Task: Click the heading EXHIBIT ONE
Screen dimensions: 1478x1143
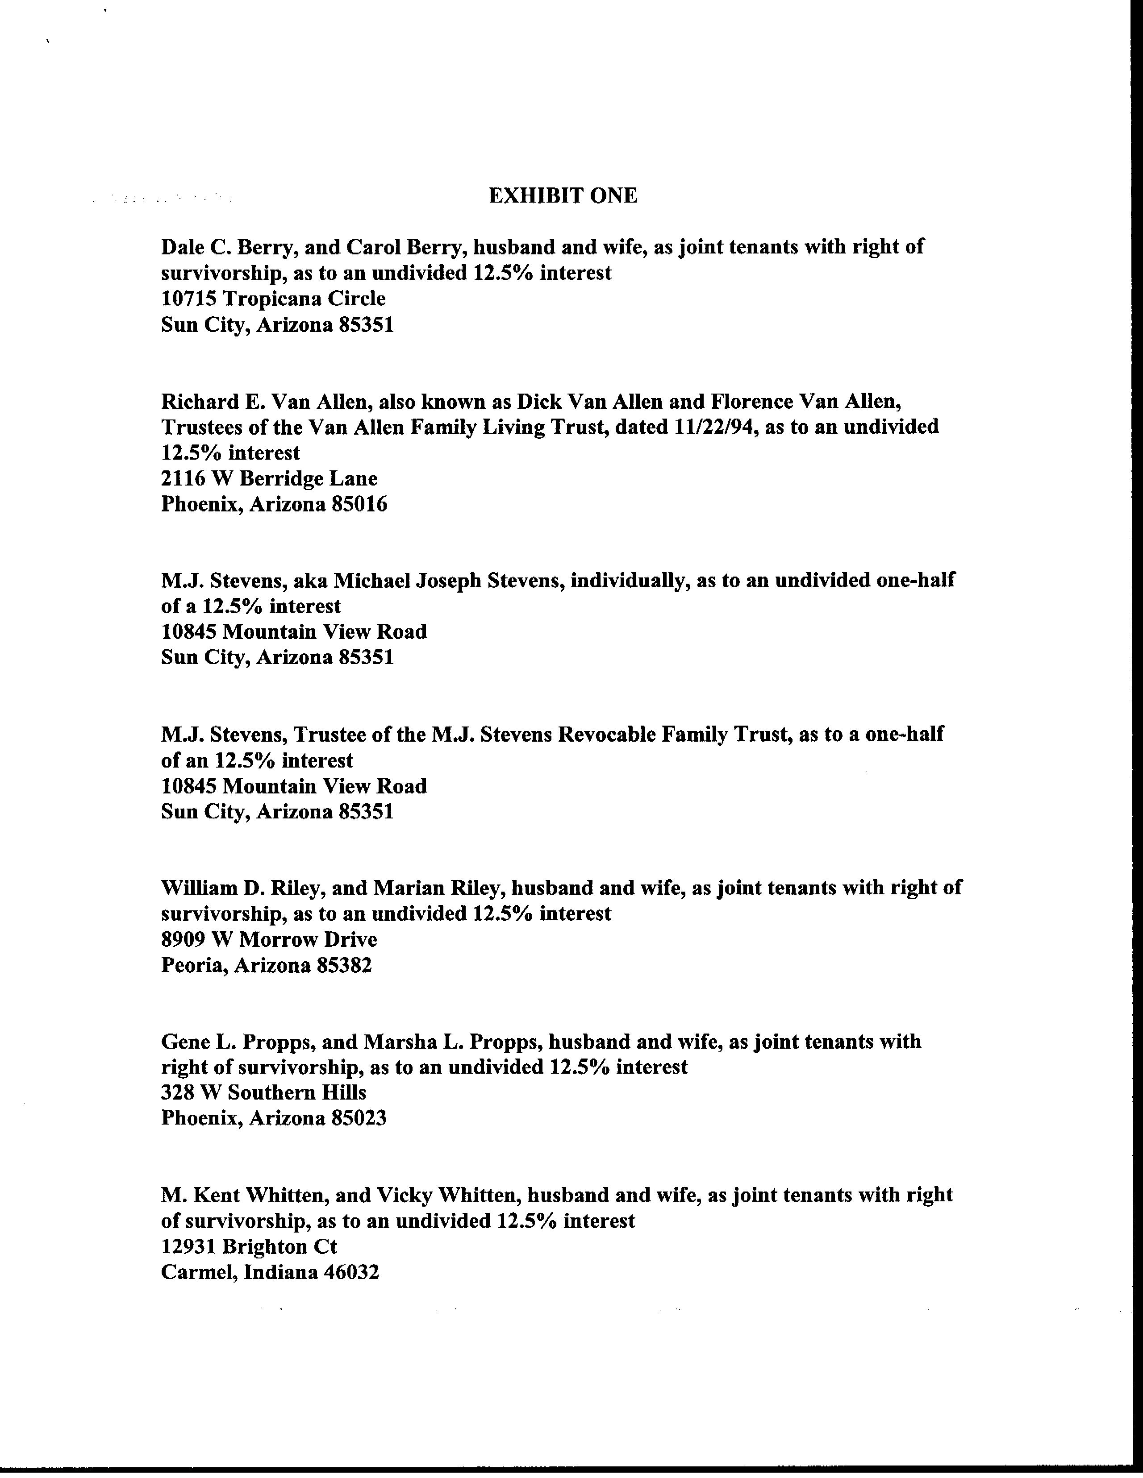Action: (x=563, y=196)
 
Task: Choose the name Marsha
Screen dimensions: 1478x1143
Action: (x=396, y=1042)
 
